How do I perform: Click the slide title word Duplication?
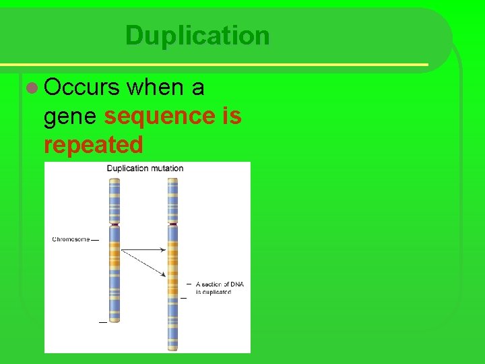coord(197,36)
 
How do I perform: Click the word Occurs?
coord(82,88)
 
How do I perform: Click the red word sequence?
coord(158,116)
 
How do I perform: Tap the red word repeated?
coord(93,144)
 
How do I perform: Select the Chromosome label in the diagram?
coord(71,239)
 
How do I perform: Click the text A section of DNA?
coord(220,284)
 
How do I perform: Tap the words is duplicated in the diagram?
coord(214,292)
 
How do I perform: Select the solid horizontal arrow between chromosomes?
coord(143,249)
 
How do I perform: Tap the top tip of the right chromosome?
coord(173,179)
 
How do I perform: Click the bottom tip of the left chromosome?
coord(115,321)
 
